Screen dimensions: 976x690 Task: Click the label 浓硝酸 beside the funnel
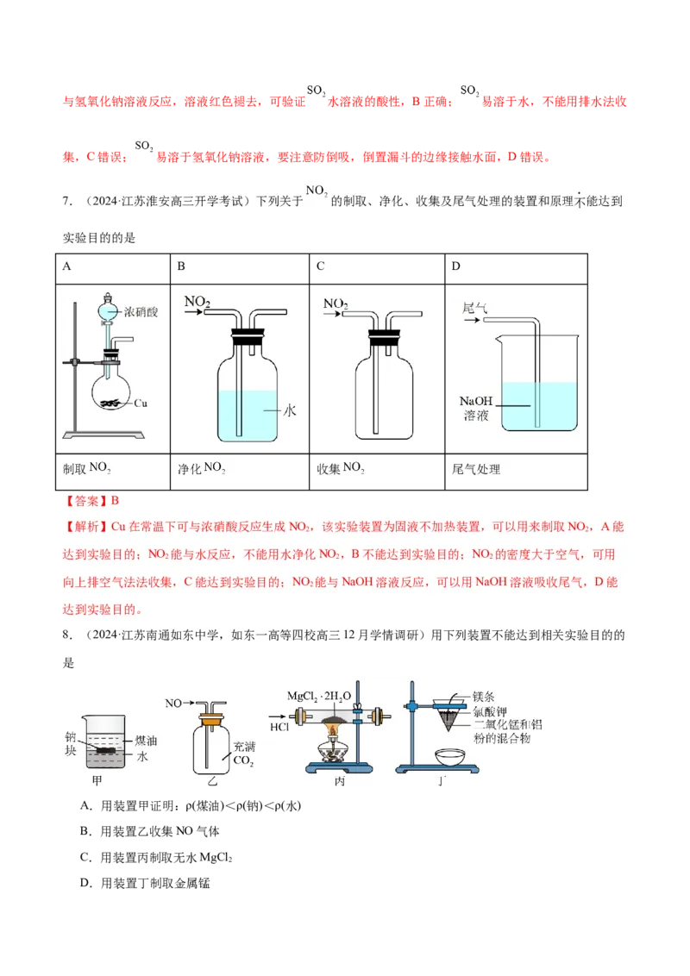point(141,312)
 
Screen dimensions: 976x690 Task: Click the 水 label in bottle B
point(290,411)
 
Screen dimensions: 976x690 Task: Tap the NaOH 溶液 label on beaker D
point(477,408)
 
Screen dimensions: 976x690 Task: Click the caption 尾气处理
point(476,469)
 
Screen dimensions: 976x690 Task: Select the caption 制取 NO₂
point(87,468)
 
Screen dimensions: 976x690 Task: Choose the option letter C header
point(320,266)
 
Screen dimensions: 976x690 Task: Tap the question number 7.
point(66,201)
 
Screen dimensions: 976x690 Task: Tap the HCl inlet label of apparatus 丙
point(280,727)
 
